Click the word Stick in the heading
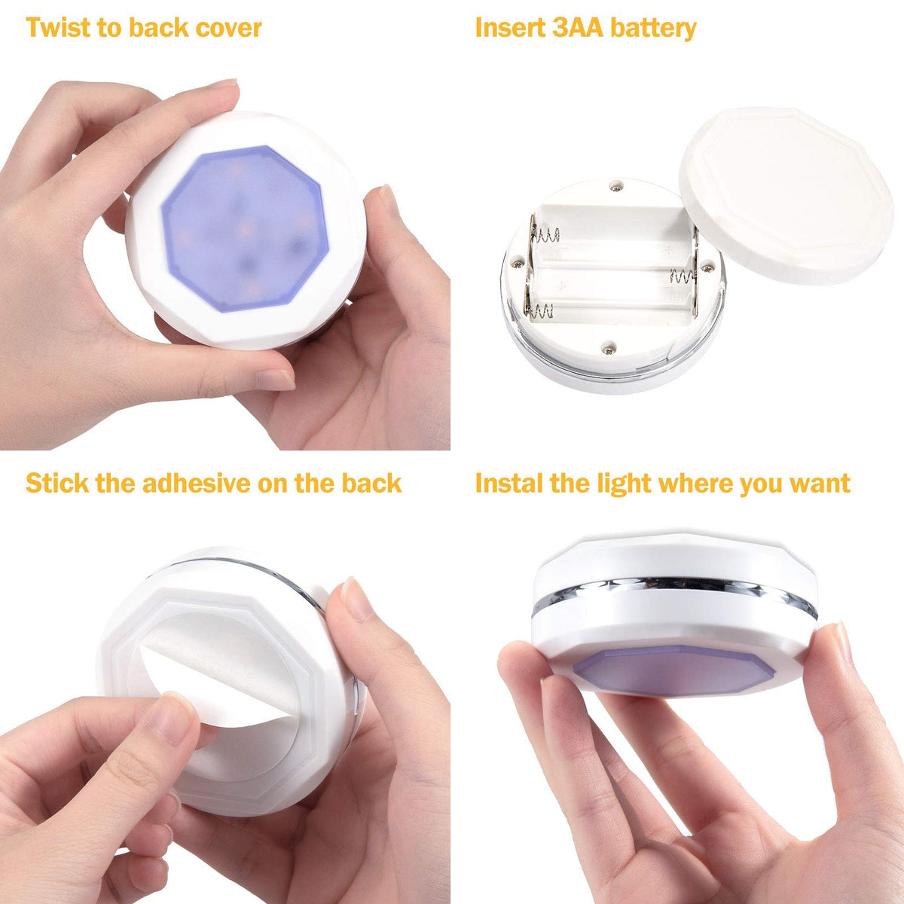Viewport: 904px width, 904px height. tap(57, 483)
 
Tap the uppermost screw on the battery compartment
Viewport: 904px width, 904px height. tap(615, 188)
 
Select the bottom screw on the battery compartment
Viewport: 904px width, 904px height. tap(609, 349)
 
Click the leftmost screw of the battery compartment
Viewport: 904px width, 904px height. tap(517, 264)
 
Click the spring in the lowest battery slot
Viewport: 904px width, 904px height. tap(539, 310)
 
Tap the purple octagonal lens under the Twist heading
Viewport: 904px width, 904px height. tap(244, 228)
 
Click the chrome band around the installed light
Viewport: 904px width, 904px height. tap(674, 594)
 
